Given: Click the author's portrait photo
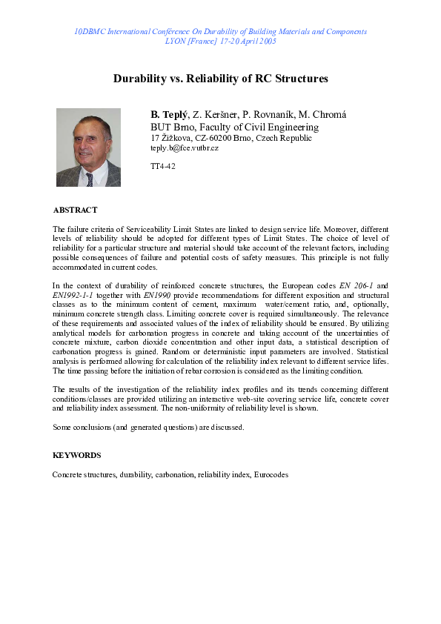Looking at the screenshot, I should point(88,147).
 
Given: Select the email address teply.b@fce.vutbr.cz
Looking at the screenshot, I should point(184,149).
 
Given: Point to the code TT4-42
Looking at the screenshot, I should point(163,166).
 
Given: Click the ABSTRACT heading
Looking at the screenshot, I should point(75,210).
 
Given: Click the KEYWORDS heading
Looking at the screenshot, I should point(77,455).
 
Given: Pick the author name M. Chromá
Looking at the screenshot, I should point(324,114).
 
